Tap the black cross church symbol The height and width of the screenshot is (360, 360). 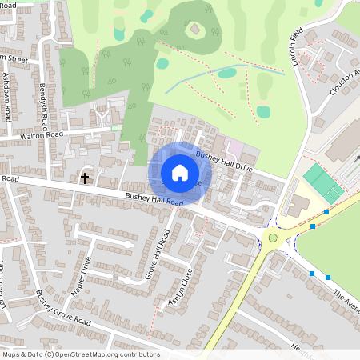tap(85, 178)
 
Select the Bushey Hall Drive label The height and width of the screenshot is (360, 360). tap(224, 162)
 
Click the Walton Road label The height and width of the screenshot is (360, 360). tap(42, 136)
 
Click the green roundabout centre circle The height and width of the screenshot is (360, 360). tap(273, 238)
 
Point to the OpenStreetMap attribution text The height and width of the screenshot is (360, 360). tap(81, 354)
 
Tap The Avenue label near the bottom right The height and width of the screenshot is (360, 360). tap(346, 302)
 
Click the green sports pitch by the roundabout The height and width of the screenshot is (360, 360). tap(323, 182)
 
